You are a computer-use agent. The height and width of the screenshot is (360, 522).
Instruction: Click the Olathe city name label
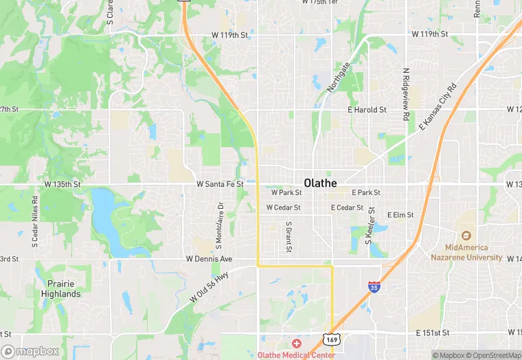click(x=320, y=183)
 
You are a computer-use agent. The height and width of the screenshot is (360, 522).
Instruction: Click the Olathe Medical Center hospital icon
click(x=296, y=343)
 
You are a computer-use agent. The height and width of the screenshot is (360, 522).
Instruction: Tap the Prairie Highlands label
click(x=64, y=289)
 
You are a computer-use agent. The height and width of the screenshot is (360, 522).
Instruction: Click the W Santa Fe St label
click(x=220, y=184)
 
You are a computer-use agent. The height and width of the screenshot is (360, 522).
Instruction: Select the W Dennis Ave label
click(x=209, y=259)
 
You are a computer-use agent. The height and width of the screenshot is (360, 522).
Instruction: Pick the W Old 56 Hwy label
click(x=210, y=287)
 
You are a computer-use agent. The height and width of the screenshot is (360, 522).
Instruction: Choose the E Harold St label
click(x=367, y=109)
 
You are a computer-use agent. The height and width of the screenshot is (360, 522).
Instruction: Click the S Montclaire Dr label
click(x=220, y=225)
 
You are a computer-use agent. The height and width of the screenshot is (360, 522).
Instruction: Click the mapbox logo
click(x=30, y=351)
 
